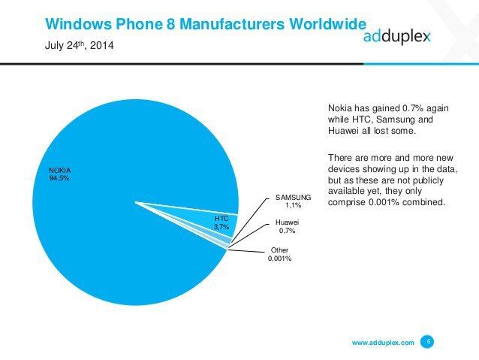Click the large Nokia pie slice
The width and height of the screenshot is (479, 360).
[x=113, y=225]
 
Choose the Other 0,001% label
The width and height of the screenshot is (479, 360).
[x=280, y=254]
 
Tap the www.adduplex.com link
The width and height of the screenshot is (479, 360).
[x=382, y=343]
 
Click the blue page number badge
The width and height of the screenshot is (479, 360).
[x=428, y=342]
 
